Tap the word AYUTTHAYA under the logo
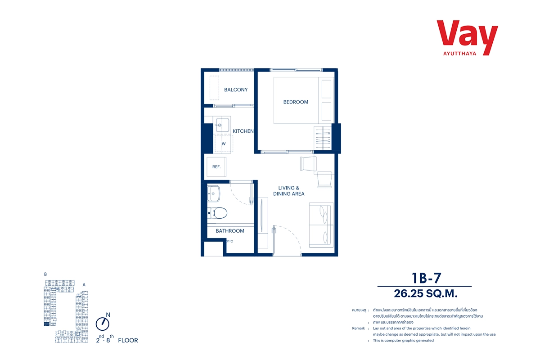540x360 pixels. click(459, 54)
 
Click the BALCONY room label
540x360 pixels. click(236, 90)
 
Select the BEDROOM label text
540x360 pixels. click(296, 102)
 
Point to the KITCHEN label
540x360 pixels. click(243, 131)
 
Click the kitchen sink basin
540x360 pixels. click(222, 125)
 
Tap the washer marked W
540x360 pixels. click(224, 144)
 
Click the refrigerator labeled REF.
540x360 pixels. click(216, 166)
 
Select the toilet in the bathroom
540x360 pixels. click(217, 213)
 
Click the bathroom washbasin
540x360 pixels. click(213, 193)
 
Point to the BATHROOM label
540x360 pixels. click(230, 231)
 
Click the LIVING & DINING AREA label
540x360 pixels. click(288, 191)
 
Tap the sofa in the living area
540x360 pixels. click(321, 225)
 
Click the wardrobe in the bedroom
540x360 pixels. click(323, 138)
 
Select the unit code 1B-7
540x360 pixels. click(427, 278)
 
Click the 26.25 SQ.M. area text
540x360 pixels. click(426, 293)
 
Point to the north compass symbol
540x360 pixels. click(103, 324)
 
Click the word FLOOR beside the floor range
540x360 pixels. click(128, 340)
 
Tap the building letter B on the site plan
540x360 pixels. click(45, 274)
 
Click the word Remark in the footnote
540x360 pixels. click(359, 328)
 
